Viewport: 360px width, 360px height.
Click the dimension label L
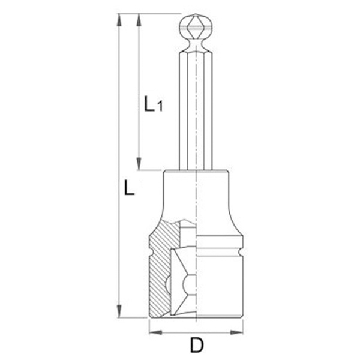tap(129, 188)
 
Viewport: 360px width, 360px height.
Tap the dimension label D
tap(197, 344)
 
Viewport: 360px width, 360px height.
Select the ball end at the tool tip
tap(196, 27)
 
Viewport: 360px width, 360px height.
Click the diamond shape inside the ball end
tap(196, 27)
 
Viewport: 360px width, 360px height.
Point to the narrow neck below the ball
tap(196, 44)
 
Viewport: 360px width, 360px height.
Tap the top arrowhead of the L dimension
tap(119, 20)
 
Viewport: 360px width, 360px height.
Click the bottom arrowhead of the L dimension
tap(119, 311)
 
